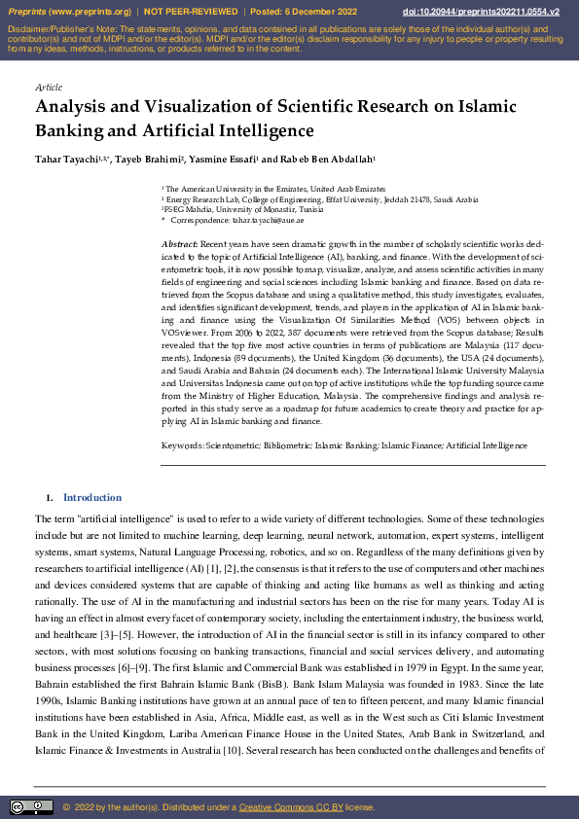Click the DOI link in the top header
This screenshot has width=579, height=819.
(481, 12)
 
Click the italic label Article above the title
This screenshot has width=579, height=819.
(48, 87)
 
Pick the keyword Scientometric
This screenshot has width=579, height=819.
(232, 445)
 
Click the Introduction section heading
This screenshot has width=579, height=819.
(92, 497)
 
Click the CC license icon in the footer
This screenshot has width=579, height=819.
(31, 807)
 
